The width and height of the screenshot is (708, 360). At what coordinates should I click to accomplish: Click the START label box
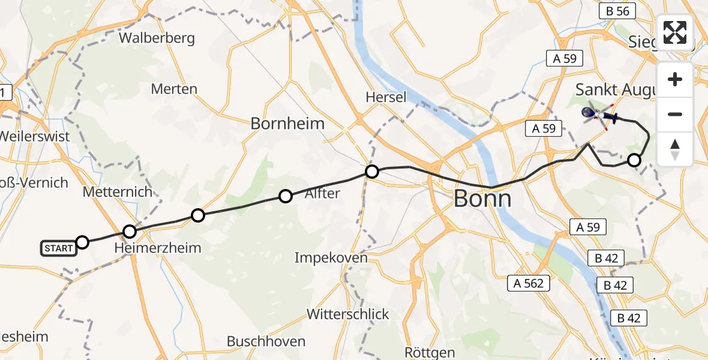pos(59,247)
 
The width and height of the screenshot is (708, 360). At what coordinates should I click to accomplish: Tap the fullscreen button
pos(675,32)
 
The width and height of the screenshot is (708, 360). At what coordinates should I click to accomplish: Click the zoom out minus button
pos(675,114)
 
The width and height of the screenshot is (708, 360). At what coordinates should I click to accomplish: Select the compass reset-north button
pos(675,149)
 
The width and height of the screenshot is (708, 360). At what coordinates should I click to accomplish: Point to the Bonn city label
pos(482,198)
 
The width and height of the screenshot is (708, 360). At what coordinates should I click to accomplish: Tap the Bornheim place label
pos(287,124)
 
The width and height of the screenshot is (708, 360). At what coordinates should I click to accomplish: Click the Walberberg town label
pos(157,38)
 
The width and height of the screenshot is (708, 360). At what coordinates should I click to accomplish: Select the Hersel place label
pos(386,97)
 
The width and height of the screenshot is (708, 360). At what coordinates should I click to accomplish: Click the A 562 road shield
pos(529,283)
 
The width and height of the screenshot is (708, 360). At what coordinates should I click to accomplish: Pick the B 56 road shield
pos(617,11)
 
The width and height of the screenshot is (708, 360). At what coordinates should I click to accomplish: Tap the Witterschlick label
pos(348,314)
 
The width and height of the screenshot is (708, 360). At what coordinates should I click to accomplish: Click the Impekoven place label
pos(331,258)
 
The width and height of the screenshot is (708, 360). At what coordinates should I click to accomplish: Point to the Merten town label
pos(174,89)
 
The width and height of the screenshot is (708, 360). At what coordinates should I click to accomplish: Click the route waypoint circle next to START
pos(82,242)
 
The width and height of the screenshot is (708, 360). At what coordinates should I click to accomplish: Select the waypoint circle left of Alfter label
pos(286,196)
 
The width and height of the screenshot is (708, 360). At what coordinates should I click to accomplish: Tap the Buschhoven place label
pos(266,341)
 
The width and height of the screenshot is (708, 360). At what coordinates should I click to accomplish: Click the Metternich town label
pos(118,193)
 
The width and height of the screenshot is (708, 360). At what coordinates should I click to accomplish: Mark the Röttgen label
pos(430,353)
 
